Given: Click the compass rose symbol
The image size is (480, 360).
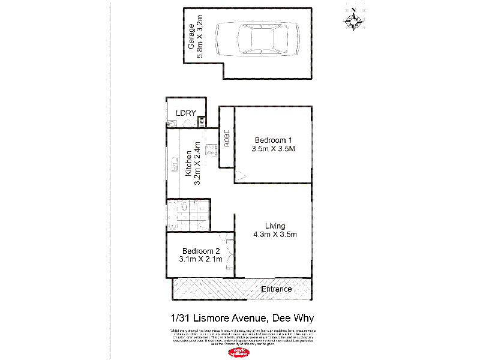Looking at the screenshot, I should click(x=354, y=20).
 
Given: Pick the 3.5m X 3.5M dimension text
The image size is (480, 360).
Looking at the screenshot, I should click(x=273, y=149).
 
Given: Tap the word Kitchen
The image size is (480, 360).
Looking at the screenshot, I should click(x=188, y=163).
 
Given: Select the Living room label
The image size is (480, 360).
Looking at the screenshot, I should click(x=275, y=226).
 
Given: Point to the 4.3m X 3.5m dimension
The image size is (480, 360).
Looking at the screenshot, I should click(x=275, y=235).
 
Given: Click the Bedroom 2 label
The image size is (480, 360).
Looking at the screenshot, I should click(x=201, y=251).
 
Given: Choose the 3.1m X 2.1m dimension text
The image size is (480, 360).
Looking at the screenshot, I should click(x=201, y=259).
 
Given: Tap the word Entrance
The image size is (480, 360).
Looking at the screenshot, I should click(x=277, y=289).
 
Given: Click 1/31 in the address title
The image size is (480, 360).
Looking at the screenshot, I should click(x=176, y=318).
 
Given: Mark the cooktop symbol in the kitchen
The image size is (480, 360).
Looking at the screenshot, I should click(x=211, y=151).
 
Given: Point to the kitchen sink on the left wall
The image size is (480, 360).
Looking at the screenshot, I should click(x=174, y=163).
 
